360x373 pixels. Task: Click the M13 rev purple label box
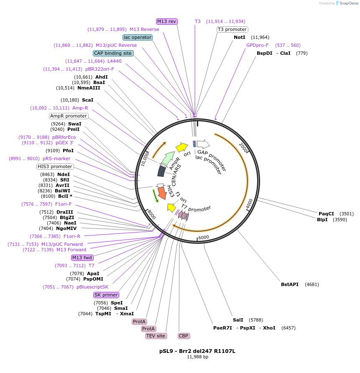click(167, 21)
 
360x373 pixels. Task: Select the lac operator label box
click(138, 37)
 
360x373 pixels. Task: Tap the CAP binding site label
click(113, 53)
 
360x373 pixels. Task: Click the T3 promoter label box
click(232, 29)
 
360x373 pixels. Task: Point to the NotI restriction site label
click(239, 37)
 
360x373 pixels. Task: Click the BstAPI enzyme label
click(290, 284)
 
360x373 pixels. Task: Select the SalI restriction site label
click(238, 320)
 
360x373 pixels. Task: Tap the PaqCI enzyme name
click(326, 214)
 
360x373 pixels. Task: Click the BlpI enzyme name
click(322, 220)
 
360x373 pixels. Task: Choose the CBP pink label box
click(184, 336)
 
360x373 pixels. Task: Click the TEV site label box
click(156, 336)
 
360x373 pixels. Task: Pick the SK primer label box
click(106, 295)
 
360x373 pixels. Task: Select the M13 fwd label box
click(82, 258)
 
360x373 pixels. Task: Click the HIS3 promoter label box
click(55, 166)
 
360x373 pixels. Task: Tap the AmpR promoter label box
click(69, 116)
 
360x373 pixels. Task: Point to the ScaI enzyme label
click(87, 100)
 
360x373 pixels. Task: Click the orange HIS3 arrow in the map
click(162, 193)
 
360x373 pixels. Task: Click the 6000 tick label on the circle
click(204, 238)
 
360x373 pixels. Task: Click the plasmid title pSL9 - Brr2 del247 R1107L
click(197, 351)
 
